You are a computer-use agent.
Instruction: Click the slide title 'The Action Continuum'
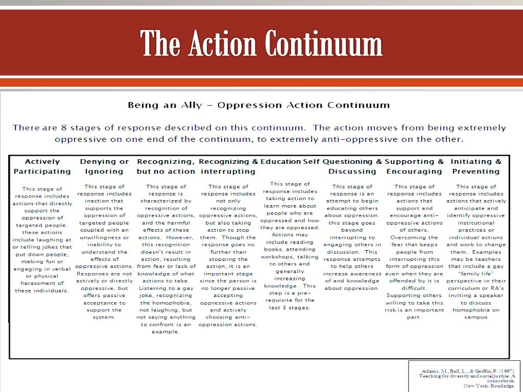pyautogui.click(x=261, y=43)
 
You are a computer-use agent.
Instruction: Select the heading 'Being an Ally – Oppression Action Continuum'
pyautogui.click(x=258, y=106)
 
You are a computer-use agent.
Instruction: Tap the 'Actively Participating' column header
pyautogui.click(x=42, y=166)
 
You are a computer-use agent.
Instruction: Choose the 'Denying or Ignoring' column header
pyautogui.click(x=104, y=166)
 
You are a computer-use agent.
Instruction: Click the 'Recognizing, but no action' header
pyautogui.click(x=166, y=166)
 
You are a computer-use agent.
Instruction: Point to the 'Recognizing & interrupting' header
pyautogui.click(x=228, y=166)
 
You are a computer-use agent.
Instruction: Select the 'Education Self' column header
pyautogui.click(x=290, y=162)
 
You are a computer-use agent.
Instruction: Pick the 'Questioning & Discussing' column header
pyautogui.click(x=352, y=166)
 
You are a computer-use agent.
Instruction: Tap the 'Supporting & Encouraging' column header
pyautogui.click(x=414, y=166)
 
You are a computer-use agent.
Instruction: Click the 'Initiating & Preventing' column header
pyautogui.click(x=476, y=166)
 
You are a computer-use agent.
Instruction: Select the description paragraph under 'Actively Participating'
pyautogui.click(x=42, y=240)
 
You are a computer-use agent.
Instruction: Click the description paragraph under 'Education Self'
pyautogui.click(x=290, y=246)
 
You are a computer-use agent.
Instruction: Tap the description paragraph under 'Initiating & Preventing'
pyautogui.click(x=476, y=252)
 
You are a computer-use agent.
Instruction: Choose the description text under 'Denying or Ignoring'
pyautogui.click(x=104, y=252)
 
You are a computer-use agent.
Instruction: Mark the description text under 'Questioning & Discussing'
pyautogui.click(x=352, y=237)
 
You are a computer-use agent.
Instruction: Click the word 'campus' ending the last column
pyautogui.click(x=476, y=317)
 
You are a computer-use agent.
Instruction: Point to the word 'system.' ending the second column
pyautogui.click(x=104, y=317)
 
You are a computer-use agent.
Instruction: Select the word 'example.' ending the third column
pyautogui.click(x=166, y=332)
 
